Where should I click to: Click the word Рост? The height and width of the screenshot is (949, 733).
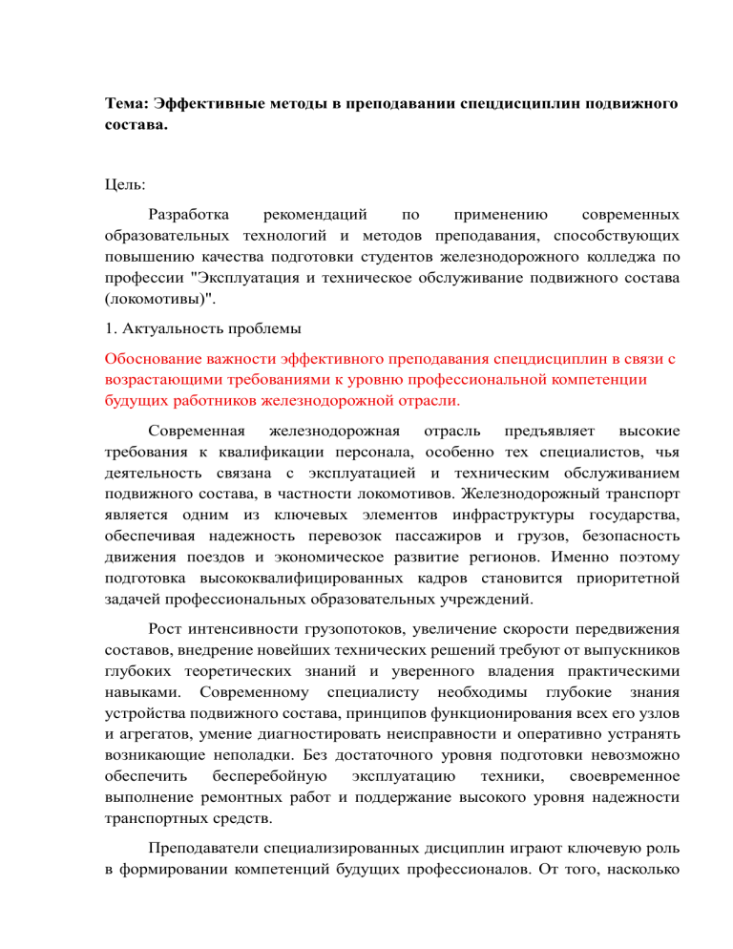(x=168, y=603)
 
